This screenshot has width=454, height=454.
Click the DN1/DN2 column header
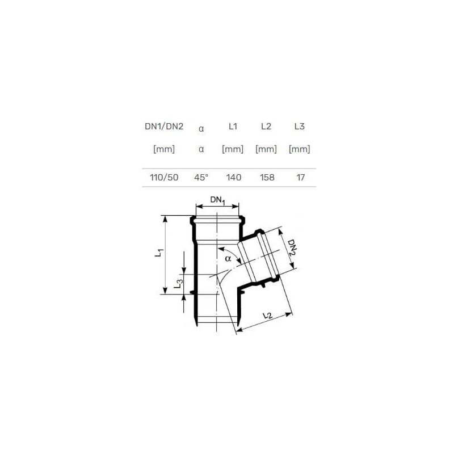164,126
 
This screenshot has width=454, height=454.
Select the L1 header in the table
233,126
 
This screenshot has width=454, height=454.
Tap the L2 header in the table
266,126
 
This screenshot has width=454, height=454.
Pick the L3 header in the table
299,126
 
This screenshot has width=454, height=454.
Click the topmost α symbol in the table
201,128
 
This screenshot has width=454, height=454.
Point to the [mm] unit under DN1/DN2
164,149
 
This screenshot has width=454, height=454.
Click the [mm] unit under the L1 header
233,149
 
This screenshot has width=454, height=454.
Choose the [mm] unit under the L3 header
299,149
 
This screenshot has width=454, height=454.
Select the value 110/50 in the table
164,177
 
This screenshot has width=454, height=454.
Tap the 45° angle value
201,177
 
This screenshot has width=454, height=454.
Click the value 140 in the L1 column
233,177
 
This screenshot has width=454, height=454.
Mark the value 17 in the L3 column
300,177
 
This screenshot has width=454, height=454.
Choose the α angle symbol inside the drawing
228,259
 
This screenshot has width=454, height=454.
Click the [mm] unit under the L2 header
266,149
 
